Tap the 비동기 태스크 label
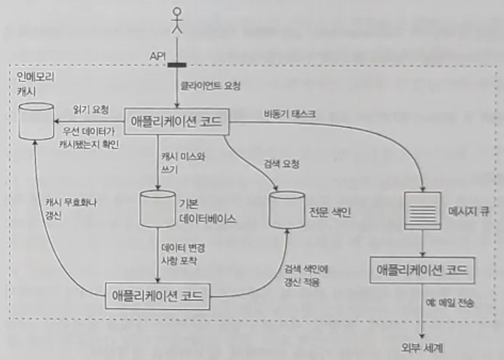(x=289, y=112)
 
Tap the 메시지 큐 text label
(x=467, y=213)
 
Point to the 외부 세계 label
(x=421, y=348)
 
